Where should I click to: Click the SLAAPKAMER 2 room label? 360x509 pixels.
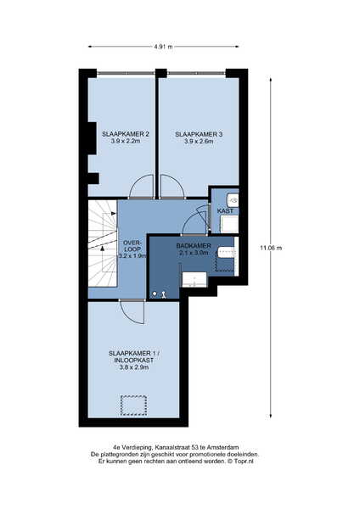(126, 134)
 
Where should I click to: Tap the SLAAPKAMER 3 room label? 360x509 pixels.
(199, 134)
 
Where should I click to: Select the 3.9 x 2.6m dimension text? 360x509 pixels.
(199, 142)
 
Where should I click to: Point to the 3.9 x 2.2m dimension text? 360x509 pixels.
(126, 141)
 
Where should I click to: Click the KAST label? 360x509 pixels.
(225, 211)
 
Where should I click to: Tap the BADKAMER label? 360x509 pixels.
(194, 246)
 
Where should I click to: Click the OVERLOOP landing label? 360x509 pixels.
(132, 246)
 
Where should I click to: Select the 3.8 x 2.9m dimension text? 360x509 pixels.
(134, 367)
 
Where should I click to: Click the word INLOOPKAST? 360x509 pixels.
(134, 361)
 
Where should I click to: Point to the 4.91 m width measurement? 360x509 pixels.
(163, 47)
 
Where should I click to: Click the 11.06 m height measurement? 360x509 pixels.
(271, 248)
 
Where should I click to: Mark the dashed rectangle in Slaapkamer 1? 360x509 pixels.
(133, 406)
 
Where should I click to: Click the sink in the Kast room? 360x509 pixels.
(233, 200)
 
